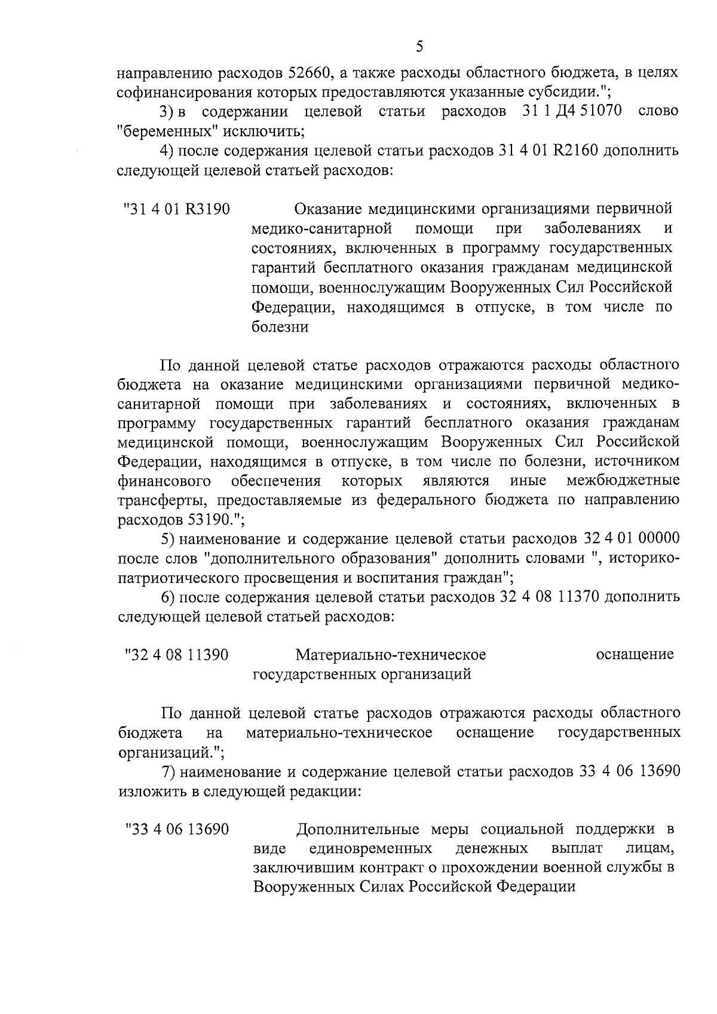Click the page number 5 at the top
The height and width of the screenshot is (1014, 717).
pos(419,46)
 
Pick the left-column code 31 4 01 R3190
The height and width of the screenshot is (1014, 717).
pos(177,209)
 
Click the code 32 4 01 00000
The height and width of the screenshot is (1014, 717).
pos(630,540)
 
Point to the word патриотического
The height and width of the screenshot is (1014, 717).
pos(174,578)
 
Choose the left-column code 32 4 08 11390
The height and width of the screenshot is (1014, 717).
pos(176,655)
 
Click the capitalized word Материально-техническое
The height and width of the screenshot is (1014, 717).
pos(391,655)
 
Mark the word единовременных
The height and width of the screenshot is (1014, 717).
pos(372,849)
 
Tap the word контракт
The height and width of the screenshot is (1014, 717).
pos(382,868)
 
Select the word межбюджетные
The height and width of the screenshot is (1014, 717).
pos(623,481)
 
